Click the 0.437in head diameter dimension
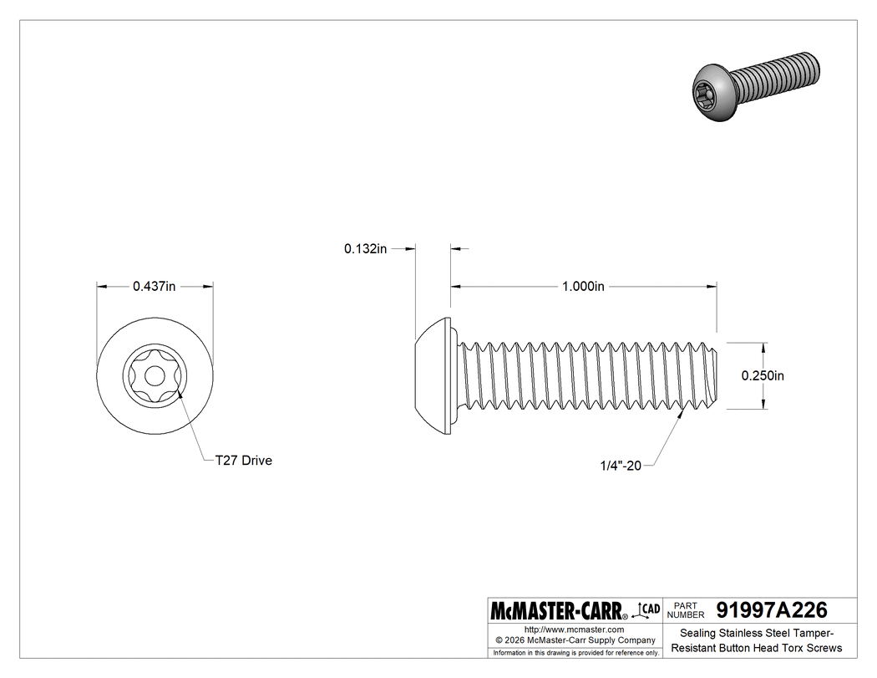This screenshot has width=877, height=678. (x=155, y=286)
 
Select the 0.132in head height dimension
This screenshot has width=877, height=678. (x=365, y=248)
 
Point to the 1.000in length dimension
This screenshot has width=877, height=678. (x=583, y=286)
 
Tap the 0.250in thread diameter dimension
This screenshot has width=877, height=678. (x=763, y=375)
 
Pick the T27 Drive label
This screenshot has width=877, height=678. (x=243, y=461)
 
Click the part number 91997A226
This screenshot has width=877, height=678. (x=766, y=609)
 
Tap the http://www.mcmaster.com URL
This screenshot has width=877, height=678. (x=574, y=629)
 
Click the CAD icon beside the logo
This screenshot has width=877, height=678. (x=648, y=609)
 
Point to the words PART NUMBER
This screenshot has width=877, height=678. (x=684, y=609)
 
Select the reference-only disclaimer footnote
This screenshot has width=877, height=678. (x=575, y=652)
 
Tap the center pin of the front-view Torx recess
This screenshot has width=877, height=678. (x=155, y=376)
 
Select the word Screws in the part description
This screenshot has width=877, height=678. (x=823, y=648)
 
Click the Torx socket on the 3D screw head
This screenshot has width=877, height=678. (x=706, y=98)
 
